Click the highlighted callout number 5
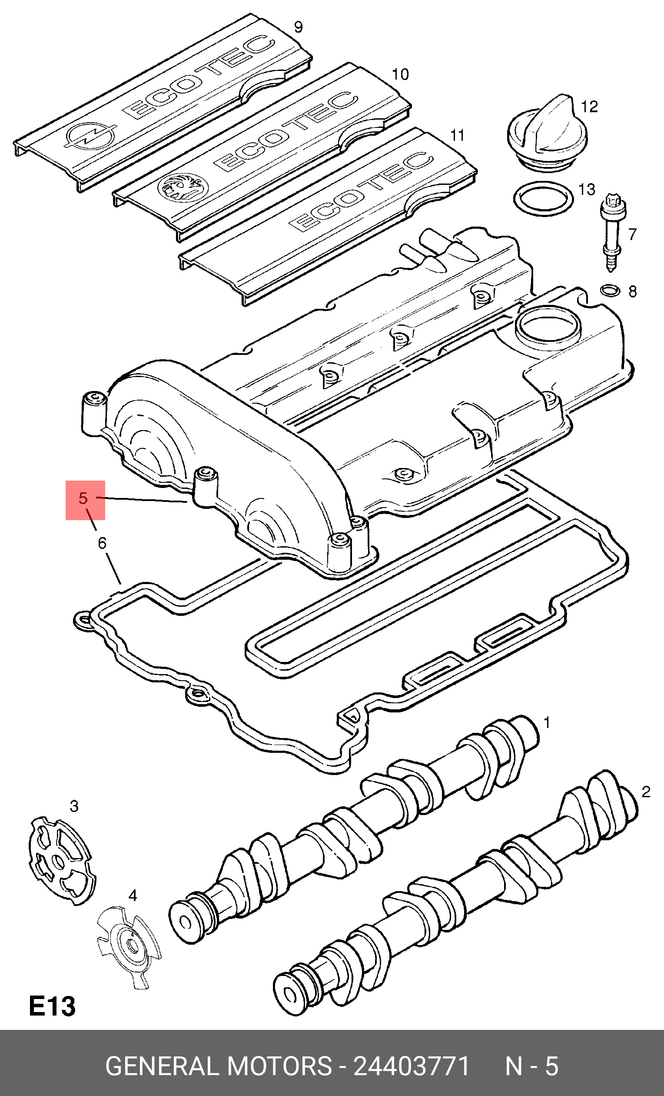click(x=83, y=498)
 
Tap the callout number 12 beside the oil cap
click(x=589, y=107)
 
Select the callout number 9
click(x=299, y=27)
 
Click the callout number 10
click(x=400, y=74)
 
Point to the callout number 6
click(x=102, y=543)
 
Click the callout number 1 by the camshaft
click(x=547, y=723)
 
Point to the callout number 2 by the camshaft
click(x=646, y=792)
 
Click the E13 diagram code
click(x=52, y=1006)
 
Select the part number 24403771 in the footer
click(x=412, y=1066)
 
